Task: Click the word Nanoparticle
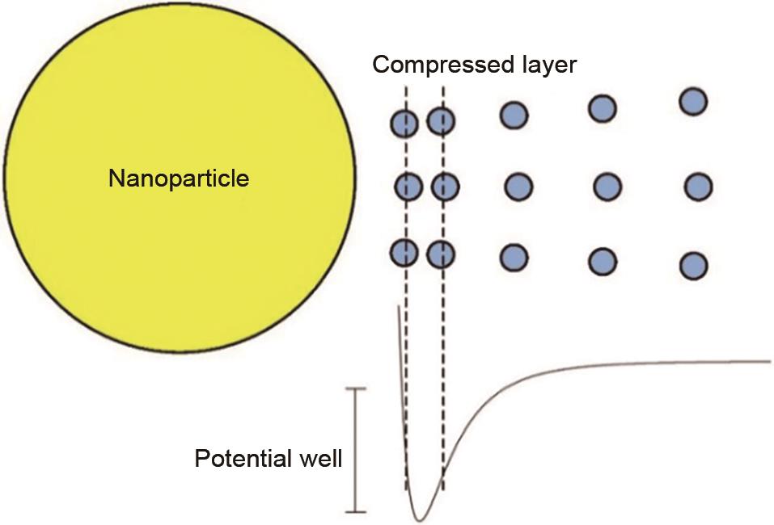179,178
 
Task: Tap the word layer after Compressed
540,65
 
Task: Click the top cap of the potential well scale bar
356,389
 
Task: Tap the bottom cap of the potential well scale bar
356,511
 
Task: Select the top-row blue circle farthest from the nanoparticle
693,102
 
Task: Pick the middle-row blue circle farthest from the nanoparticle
697,187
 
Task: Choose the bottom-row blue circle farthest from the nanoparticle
693,266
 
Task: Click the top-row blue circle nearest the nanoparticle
404,124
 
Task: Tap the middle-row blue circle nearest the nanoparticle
408,188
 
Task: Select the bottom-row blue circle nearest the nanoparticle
404,253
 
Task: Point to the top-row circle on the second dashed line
441,122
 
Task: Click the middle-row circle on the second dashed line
445,188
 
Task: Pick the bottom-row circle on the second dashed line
441,254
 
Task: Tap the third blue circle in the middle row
518,188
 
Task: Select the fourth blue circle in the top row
603,107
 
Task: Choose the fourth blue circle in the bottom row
603,262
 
